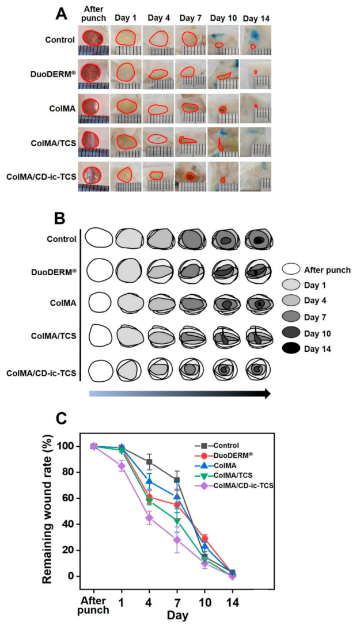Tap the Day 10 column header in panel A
pos(222,18)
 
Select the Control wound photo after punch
pos(93,40)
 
